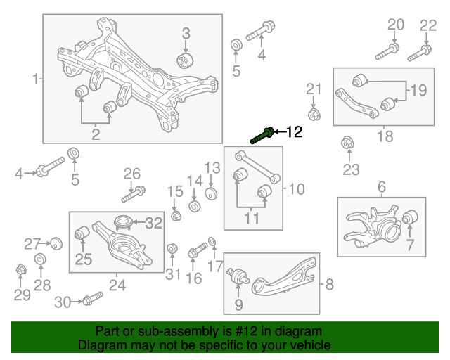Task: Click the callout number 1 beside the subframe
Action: click(35, 79)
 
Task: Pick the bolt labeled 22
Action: click(419, 51)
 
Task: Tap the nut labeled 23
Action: click(347, 143)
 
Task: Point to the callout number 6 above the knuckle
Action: click(382, 187)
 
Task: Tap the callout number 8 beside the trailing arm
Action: click(330, 285)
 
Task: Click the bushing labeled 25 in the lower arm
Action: click(82, 231)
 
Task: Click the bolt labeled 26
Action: click(134, 191)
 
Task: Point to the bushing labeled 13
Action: click(210, 193)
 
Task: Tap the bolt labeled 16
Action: click(198, 250)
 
